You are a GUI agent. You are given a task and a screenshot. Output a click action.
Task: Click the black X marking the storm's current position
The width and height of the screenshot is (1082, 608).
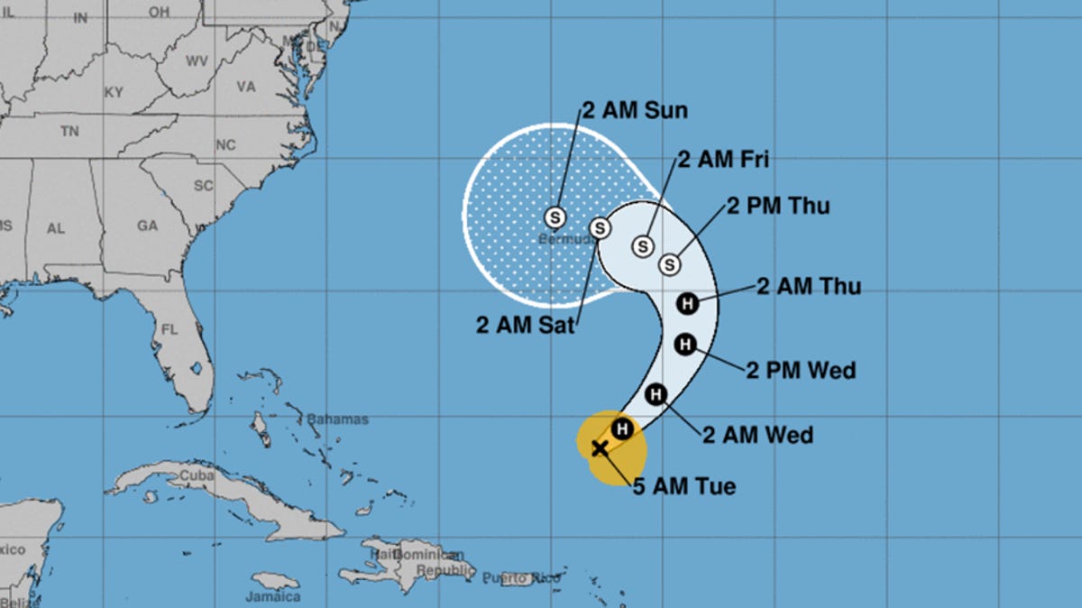point(599,447)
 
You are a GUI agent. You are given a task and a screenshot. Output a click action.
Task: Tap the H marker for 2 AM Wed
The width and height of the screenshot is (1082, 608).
point(656,393)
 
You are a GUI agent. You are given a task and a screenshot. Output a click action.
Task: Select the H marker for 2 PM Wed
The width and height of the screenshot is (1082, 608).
point(685,343)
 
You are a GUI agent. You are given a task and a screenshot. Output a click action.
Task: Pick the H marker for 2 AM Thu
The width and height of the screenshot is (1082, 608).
point(687,303)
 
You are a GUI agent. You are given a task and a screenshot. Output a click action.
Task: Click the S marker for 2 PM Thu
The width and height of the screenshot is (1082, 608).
point(669,264)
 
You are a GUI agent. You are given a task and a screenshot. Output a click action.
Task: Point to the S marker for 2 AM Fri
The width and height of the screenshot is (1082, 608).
point(643,245)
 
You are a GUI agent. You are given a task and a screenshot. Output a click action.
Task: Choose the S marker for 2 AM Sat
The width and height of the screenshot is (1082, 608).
point(600,226)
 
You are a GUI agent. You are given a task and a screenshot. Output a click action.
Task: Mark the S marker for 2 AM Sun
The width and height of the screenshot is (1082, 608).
point(555,217)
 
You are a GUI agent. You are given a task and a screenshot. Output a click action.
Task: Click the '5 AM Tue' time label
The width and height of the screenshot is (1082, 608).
point(683,487)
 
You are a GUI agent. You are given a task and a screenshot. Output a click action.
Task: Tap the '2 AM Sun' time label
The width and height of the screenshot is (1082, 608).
point(635,111)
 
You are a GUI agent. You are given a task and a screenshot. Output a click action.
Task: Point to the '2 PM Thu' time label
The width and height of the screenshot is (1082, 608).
point(777,206)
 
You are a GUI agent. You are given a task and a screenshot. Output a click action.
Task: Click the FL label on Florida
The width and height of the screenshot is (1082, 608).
point(168,329)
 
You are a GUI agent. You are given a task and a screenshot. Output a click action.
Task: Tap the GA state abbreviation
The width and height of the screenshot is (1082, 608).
point(148,226)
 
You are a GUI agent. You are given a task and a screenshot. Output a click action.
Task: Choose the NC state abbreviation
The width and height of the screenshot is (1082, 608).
point(225,145)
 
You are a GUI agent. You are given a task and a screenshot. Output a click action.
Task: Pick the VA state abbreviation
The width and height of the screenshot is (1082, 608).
point(246,88)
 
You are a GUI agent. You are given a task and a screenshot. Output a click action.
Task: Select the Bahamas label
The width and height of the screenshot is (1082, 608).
point(337,419)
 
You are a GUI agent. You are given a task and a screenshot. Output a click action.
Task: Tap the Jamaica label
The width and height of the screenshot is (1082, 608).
point(273,596)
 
